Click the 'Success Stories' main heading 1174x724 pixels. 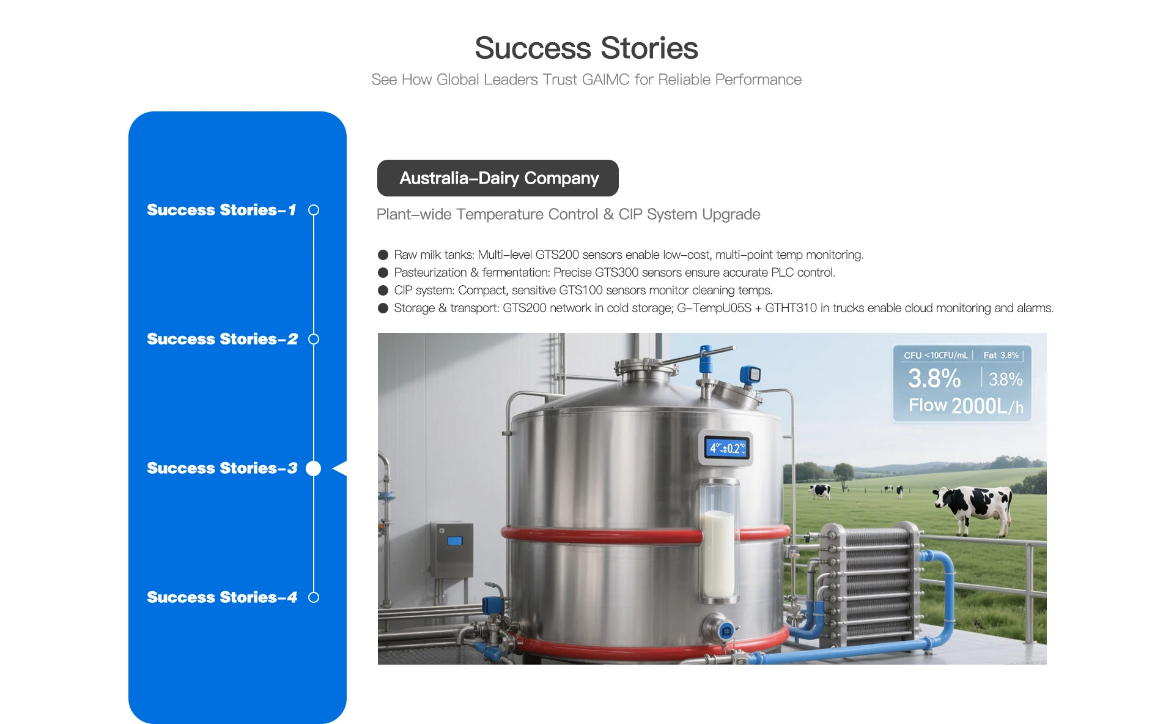(586, 48)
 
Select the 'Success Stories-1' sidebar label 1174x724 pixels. (221, 210)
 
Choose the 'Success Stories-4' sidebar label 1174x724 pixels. (222, 597)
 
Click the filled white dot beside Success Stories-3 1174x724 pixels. (314, 468)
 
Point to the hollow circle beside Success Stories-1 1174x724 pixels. (314, 210)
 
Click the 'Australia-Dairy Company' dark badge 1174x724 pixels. (498, 178)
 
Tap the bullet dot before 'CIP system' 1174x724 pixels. (383, 290)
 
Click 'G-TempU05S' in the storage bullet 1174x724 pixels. (714, 308)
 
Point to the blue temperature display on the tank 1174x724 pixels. (726, 448)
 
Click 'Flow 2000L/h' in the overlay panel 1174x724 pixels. (966, 406)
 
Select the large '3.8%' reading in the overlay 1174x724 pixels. (934, 378)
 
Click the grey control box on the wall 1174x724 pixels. (453, 550)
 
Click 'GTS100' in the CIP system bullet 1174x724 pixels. (580, 290)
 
